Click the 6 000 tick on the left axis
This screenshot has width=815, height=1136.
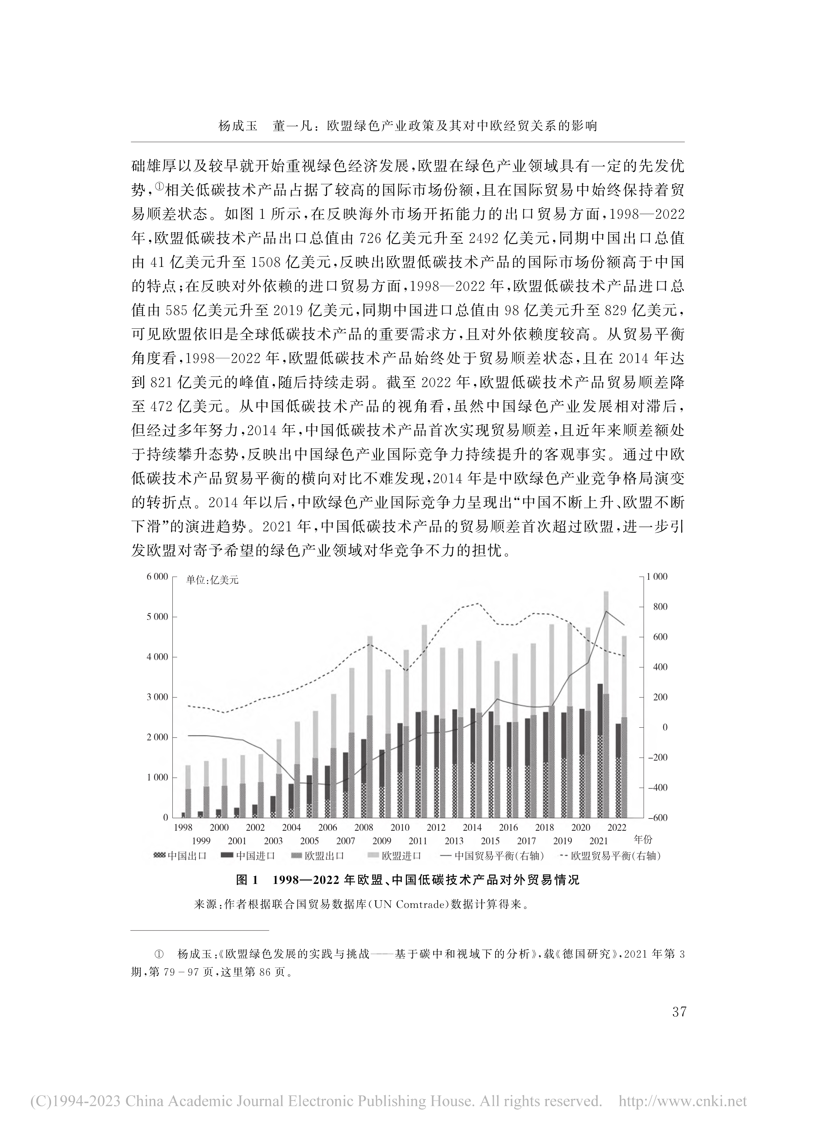[157, 576]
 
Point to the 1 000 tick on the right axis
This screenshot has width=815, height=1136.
[657, 576]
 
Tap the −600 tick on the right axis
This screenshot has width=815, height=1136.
[657, 817]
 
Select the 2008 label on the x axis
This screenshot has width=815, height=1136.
[364, 827]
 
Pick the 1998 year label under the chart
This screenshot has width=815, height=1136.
[183, 827]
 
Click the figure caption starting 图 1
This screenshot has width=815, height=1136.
[408, 880]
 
